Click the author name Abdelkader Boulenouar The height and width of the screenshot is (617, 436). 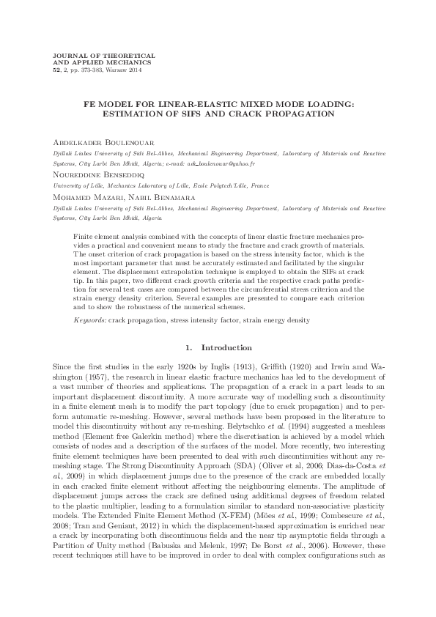[x=103, y=142]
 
